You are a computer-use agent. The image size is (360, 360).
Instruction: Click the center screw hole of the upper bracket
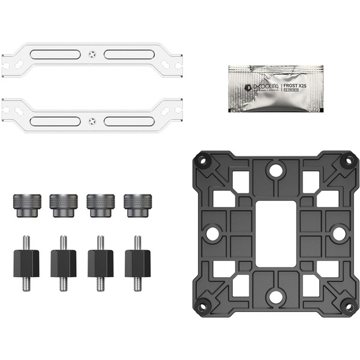coord(91,54)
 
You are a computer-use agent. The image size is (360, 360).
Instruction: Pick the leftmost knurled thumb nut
coord(26,205)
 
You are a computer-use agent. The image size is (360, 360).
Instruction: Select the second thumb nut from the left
coord(62,205)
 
